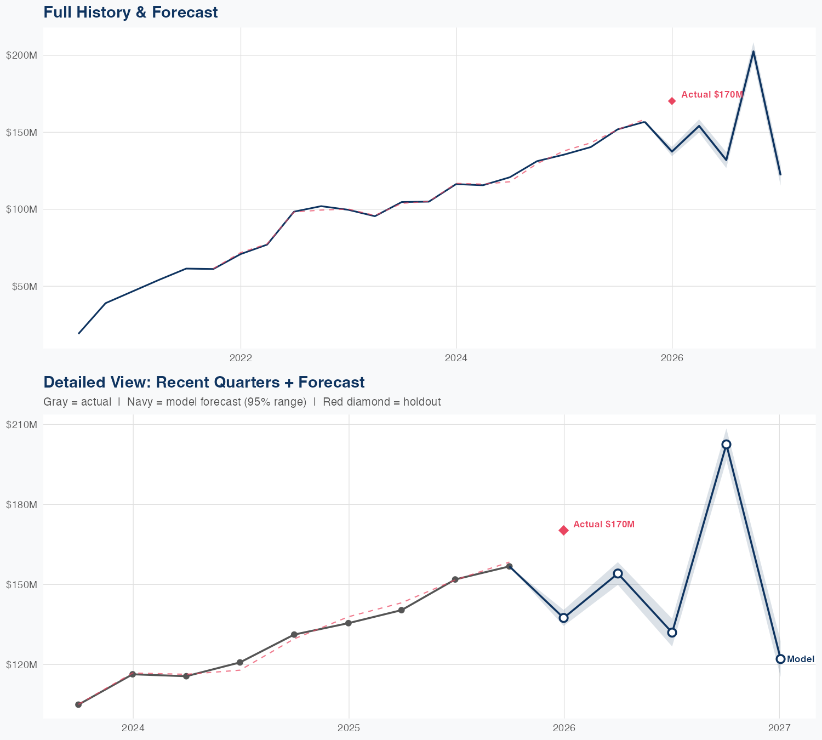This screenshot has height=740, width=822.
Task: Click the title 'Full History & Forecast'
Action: (130, 12)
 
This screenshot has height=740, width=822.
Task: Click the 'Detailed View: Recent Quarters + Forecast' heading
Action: (204, 382)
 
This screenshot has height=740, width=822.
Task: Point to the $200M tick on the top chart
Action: (21, 55)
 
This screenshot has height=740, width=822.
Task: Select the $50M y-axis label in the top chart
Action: (23, 286)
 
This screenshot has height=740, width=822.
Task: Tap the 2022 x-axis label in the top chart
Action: (241, 358)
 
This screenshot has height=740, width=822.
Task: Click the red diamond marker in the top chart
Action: (672, 101)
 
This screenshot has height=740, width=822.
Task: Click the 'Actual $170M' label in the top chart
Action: (712, 95)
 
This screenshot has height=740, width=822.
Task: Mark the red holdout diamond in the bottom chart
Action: (564, 530)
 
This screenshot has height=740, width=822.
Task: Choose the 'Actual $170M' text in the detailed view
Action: (604, 525)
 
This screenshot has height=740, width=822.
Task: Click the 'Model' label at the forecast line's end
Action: (801, 659)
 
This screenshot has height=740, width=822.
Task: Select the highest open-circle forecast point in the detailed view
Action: (726, 445)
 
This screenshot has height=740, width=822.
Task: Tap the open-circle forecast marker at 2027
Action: (780, 659)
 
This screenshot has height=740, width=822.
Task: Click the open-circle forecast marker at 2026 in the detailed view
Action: (564, 618)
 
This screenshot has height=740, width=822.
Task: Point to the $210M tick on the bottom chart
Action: (21, 425)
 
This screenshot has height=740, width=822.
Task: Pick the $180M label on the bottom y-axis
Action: (21, 504)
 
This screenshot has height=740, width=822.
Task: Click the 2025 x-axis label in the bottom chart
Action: (349, 728)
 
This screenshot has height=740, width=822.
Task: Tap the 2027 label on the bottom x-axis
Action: (779, 728)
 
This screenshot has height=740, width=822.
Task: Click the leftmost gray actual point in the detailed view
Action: (78, 704)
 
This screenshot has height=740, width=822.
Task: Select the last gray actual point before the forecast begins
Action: (509, 566)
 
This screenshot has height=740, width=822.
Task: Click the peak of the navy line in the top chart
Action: (754, 52)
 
